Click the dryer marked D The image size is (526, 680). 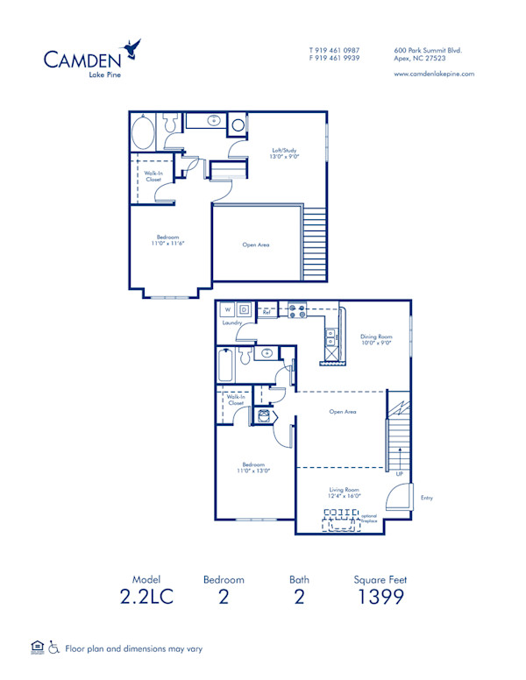click(x=245, y=309)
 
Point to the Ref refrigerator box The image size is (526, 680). click(x=267, y=311)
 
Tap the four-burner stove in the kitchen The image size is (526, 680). click(x=295, y=308)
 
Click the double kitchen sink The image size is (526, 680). click(x=331, y=334)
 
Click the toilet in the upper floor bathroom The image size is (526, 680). click(x=238, y=125)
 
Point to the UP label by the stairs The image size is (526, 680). click(x=399, y=473)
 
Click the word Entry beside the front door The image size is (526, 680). click(x=426, y=498)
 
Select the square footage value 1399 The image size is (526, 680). click(x=380, y=598)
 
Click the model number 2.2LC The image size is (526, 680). click(x=147, y=598)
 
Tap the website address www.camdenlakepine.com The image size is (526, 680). click(x=434, y=74)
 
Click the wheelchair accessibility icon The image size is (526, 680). click(x=54, y=648)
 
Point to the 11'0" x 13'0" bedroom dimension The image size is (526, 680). click(x=254, y=471)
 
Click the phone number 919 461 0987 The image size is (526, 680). click(x=338, y=50)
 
